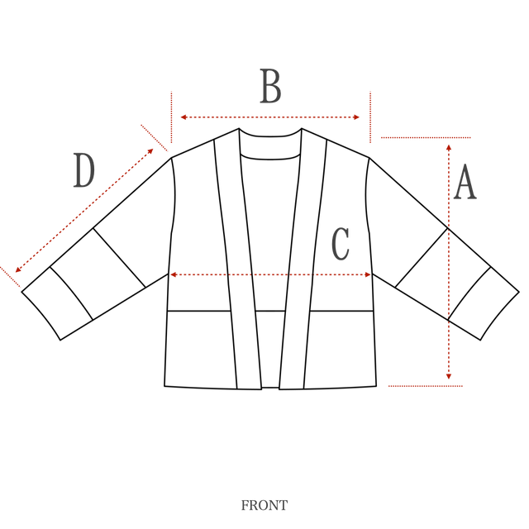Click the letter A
click(465, 183)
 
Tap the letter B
click(270, 87)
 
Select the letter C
click(340, 244)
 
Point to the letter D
click(83, 172)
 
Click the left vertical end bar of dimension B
click(171, 117)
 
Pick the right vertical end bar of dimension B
click(370, 117)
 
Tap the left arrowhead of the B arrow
click(183, 117)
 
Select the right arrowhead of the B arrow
click(358, 117)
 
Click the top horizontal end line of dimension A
click(425, 137)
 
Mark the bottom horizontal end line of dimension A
click(426, 386)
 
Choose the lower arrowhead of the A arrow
click(449, 377)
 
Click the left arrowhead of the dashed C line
click(174, 274)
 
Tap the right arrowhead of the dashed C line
click(366, 274)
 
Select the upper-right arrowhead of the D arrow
click(151, 151)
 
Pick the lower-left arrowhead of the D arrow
click(17, 269)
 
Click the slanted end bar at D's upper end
click(155, 138)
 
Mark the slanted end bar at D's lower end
click(11, 277)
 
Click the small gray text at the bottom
click(264, 504)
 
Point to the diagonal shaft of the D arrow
click(83, 212)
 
